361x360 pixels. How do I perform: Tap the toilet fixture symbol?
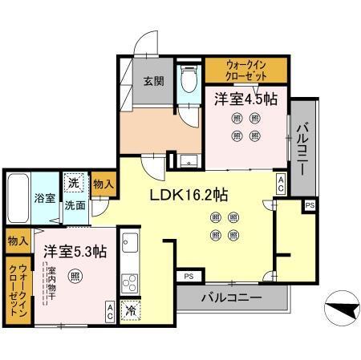[x=188, y=80]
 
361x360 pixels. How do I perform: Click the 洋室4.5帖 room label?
[x=245, y=100]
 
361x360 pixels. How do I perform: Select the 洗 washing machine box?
[x=73, y=184]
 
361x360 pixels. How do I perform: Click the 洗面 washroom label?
[x=75, y=205]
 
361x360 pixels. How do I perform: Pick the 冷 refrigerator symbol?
[x=128, y=308]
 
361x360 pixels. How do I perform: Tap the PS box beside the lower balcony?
[x=188, y=277]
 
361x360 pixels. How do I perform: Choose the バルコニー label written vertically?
[x=303, y=148]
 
